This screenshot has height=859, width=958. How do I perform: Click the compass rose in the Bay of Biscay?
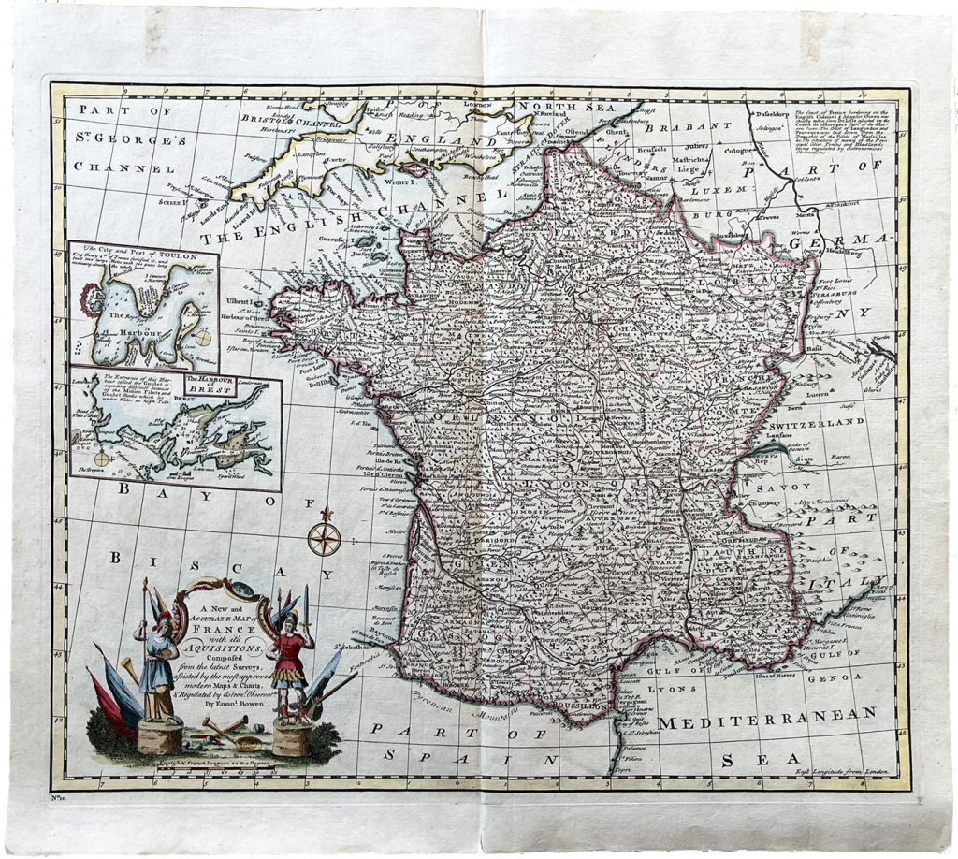[324, 538]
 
